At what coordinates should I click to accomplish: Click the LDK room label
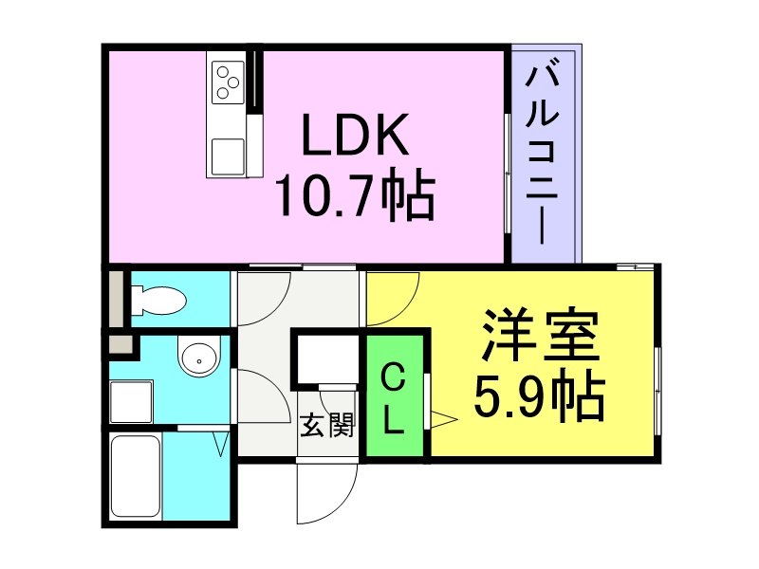click(x=355, y=135)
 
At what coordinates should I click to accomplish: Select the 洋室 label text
click(x=540, y=335)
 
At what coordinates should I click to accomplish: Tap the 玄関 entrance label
click(x=327, y=426)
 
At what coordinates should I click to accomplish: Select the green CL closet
click(x=395, y=395)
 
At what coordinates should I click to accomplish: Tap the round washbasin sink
click(x=199, y=357)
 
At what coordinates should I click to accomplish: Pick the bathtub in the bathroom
click(x=136, y=476)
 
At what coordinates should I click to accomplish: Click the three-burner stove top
click(x=228, y=83)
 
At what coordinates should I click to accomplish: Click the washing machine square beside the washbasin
click(x=132, y=402)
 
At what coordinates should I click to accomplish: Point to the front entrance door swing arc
click(x=344, y=505)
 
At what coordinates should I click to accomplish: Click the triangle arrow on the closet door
click(x=443, y=420)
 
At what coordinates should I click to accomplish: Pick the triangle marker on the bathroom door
click(x=221, y=444)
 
